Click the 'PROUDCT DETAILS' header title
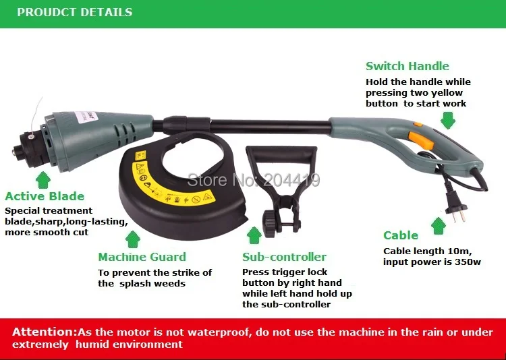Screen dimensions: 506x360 74,12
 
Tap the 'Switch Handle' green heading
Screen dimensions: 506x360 407,66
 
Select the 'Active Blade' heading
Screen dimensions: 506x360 45,196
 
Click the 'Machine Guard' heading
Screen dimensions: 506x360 142,257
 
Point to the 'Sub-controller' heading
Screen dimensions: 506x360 284,257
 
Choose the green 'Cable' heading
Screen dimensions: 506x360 401,235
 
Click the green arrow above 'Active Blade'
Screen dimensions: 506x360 43,180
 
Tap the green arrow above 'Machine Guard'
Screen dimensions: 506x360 133,239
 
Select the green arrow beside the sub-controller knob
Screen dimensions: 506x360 254,235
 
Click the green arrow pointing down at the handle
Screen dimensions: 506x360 448,120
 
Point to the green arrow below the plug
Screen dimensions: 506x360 439,226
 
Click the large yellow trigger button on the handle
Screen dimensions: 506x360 421,140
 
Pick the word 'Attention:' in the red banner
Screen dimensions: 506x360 45,332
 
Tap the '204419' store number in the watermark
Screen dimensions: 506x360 291,180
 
